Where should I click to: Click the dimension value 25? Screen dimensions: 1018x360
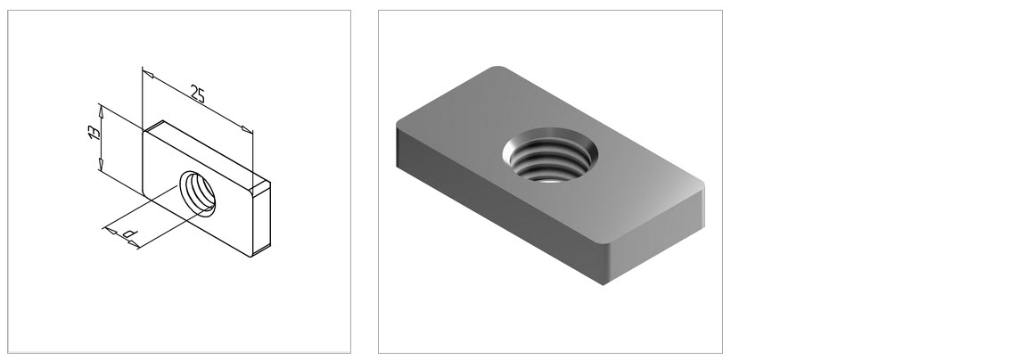click(197, 94)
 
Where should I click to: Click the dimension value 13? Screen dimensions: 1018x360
click(94, 133)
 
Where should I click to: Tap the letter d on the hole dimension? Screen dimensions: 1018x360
click(130, 233)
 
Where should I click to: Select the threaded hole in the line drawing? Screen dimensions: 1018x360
click(198, 192)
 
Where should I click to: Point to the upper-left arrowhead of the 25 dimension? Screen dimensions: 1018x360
click(147, 73)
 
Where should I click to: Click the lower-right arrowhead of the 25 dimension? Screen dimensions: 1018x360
click(247, 130)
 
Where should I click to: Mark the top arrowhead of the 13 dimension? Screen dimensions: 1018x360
click(101, 110)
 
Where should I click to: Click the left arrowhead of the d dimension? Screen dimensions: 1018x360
click(111, 230)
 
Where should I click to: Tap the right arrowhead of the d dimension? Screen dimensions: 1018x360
click(133, 244)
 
